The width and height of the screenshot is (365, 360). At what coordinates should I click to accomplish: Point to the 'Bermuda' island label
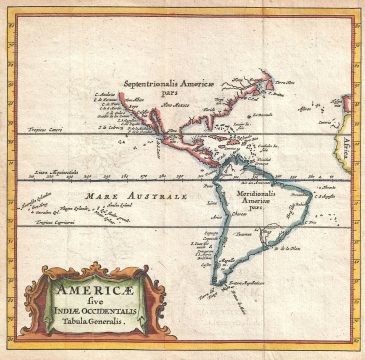[x=262, y=113]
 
